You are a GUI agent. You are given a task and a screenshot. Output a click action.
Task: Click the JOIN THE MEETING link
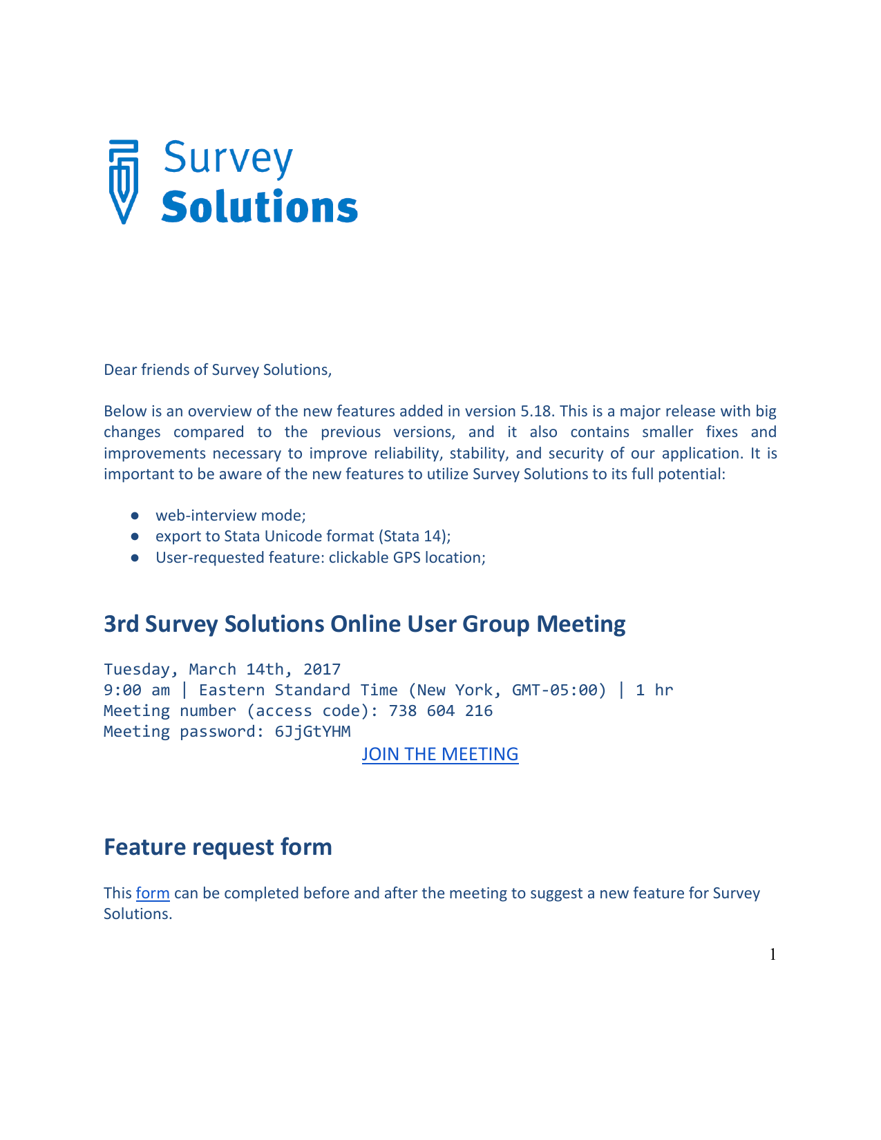[439, 754]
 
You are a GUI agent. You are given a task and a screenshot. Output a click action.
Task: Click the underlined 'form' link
[153, 893]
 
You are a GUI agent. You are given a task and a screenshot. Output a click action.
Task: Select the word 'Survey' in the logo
[228, 160]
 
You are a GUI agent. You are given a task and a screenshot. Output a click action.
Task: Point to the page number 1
[773, 954]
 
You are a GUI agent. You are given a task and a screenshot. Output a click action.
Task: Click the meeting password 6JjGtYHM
[312, 732]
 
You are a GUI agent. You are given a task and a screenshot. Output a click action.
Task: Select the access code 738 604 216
[441, 711]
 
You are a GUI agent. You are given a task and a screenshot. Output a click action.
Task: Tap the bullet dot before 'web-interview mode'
[135, 516]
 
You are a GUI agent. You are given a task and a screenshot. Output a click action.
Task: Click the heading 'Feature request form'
[218, 847]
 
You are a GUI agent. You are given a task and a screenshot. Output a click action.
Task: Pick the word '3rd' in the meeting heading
[121, 624]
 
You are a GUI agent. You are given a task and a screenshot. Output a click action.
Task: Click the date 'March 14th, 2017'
[265, 669]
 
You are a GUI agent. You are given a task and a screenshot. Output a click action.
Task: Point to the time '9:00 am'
[136, 690]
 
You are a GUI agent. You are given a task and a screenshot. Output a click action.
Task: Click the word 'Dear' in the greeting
[120, 370]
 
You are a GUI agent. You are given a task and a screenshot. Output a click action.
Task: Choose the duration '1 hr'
[654, 690]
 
